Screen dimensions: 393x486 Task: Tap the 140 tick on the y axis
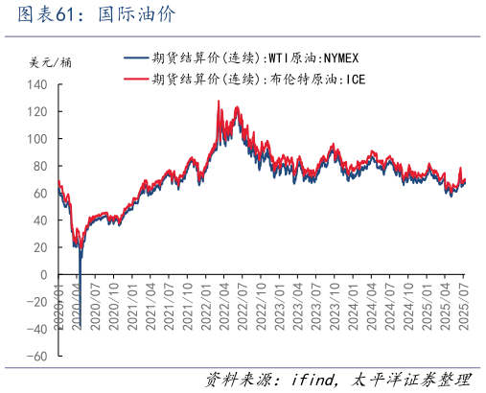37,85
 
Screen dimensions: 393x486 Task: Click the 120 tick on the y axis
37,112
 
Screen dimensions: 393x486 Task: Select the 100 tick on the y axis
37,139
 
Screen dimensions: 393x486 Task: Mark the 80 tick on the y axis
40,167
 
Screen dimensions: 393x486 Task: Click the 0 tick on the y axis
44,275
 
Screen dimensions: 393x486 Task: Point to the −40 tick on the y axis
36,329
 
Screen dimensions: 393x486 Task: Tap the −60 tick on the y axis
36,357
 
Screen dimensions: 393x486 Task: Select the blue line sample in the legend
136,58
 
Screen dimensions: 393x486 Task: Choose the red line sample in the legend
136,78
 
